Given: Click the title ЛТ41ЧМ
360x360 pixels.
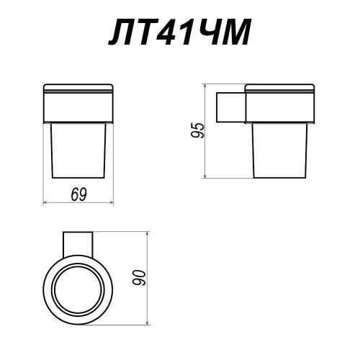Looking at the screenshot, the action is (179, 32).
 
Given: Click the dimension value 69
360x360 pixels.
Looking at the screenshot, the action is (78, 194).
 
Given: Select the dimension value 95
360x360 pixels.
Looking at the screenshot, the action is (197, 130).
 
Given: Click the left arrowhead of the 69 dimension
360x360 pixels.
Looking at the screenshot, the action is (45, 203).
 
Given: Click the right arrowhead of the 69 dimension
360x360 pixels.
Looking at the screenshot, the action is (112, 203).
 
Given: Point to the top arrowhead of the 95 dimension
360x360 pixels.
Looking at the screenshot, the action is (204, 86).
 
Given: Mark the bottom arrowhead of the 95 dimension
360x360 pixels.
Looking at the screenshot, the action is (204, 176).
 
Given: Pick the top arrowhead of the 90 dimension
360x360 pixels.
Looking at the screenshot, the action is (148, 234).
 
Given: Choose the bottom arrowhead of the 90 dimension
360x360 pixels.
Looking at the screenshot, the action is (148, 323).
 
